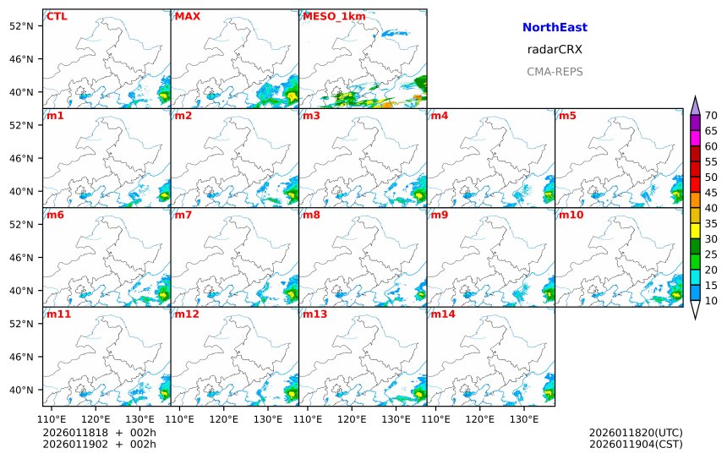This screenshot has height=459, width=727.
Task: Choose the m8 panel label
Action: [311, 215]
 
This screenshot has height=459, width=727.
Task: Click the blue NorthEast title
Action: [555, 28]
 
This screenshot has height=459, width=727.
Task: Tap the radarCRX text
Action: [555, 50]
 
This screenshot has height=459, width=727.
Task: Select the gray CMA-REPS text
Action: [555, 72]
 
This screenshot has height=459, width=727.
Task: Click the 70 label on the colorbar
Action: [711, 116]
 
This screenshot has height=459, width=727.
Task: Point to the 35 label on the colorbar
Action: [711, 223]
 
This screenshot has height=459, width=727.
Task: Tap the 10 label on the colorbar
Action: [711, 300]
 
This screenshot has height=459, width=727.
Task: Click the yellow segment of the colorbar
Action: [695, 230]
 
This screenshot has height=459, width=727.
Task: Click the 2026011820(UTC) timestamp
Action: [636, 433]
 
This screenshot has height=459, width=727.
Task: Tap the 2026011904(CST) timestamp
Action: [636, 444]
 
